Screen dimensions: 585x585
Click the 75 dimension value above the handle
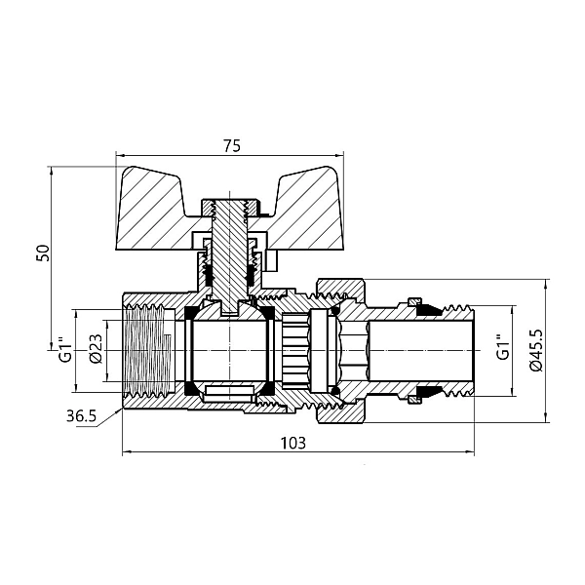point(231,145)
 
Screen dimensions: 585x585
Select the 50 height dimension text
point(42,252)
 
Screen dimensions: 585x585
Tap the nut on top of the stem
point(231,207)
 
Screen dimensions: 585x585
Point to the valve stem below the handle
point(231,263)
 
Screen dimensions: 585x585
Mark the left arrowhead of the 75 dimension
point(120,156)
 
